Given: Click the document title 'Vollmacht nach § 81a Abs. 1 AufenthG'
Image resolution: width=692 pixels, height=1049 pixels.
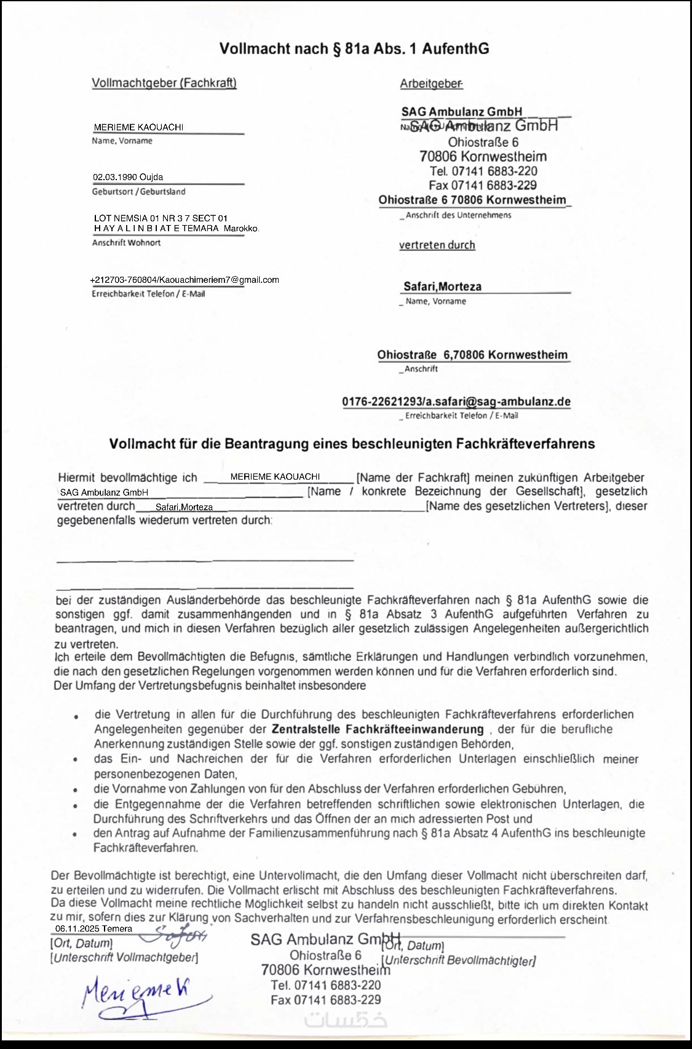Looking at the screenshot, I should (x=354, y=49).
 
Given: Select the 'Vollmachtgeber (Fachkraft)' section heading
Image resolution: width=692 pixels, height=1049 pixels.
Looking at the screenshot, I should (x=164, y=83).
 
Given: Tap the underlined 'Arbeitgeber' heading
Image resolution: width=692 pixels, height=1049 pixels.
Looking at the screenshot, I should (x=431, y=84).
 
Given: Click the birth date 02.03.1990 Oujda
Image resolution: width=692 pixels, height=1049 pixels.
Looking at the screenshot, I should (x=128, y=177).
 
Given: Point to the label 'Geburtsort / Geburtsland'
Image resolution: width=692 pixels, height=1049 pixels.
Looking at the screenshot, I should (x=138, y=192).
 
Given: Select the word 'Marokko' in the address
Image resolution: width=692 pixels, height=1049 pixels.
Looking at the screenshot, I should (x=241, y=229).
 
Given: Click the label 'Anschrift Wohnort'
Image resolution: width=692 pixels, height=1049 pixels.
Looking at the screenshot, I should (x=126, y=243).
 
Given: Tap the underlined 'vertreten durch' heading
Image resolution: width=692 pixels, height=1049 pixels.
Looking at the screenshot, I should (x=437, y=245).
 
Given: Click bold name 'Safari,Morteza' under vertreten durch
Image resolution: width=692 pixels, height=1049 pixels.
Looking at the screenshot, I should (x=442, y=287).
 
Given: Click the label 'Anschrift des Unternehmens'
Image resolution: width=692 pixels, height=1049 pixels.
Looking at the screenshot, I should (x=458, y=215).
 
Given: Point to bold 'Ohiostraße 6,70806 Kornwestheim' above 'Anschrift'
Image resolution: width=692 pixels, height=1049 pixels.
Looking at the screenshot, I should (x=472, y=355).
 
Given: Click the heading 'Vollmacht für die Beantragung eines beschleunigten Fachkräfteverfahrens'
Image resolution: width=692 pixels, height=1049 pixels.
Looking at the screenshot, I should (x=352, y=444).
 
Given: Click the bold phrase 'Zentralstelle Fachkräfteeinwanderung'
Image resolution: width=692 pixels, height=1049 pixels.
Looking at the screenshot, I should (x=378, y=729).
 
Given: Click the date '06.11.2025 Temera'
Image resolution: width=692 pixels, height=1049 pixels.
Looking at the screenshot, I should (x=93, y=928).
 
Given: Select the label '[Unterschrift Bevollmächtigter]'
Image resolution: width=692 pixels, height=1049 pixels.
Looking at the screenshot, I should (x=458, y=960).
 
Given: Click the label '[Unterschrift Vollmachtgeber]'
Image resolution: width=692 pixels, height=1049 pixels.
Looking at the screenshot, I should (x=124, y=957).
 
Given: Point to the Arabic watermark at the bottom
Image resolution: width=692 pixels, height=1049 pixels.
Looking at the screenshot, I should (x=346, y=1020).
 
